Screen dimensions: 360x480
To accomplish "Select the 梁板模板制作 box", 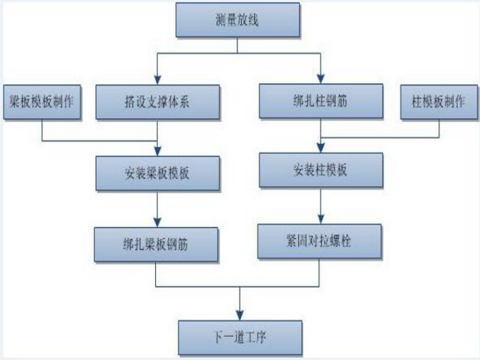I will pos(42,101).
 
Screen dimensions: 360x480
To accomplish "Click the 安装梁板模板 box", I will pos(158,172).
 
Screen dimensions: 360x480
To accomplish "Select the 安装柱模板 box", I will pos(321,171).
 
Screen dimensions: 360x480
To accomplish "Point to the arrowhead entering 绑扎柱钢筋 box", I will pos(321,80).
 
